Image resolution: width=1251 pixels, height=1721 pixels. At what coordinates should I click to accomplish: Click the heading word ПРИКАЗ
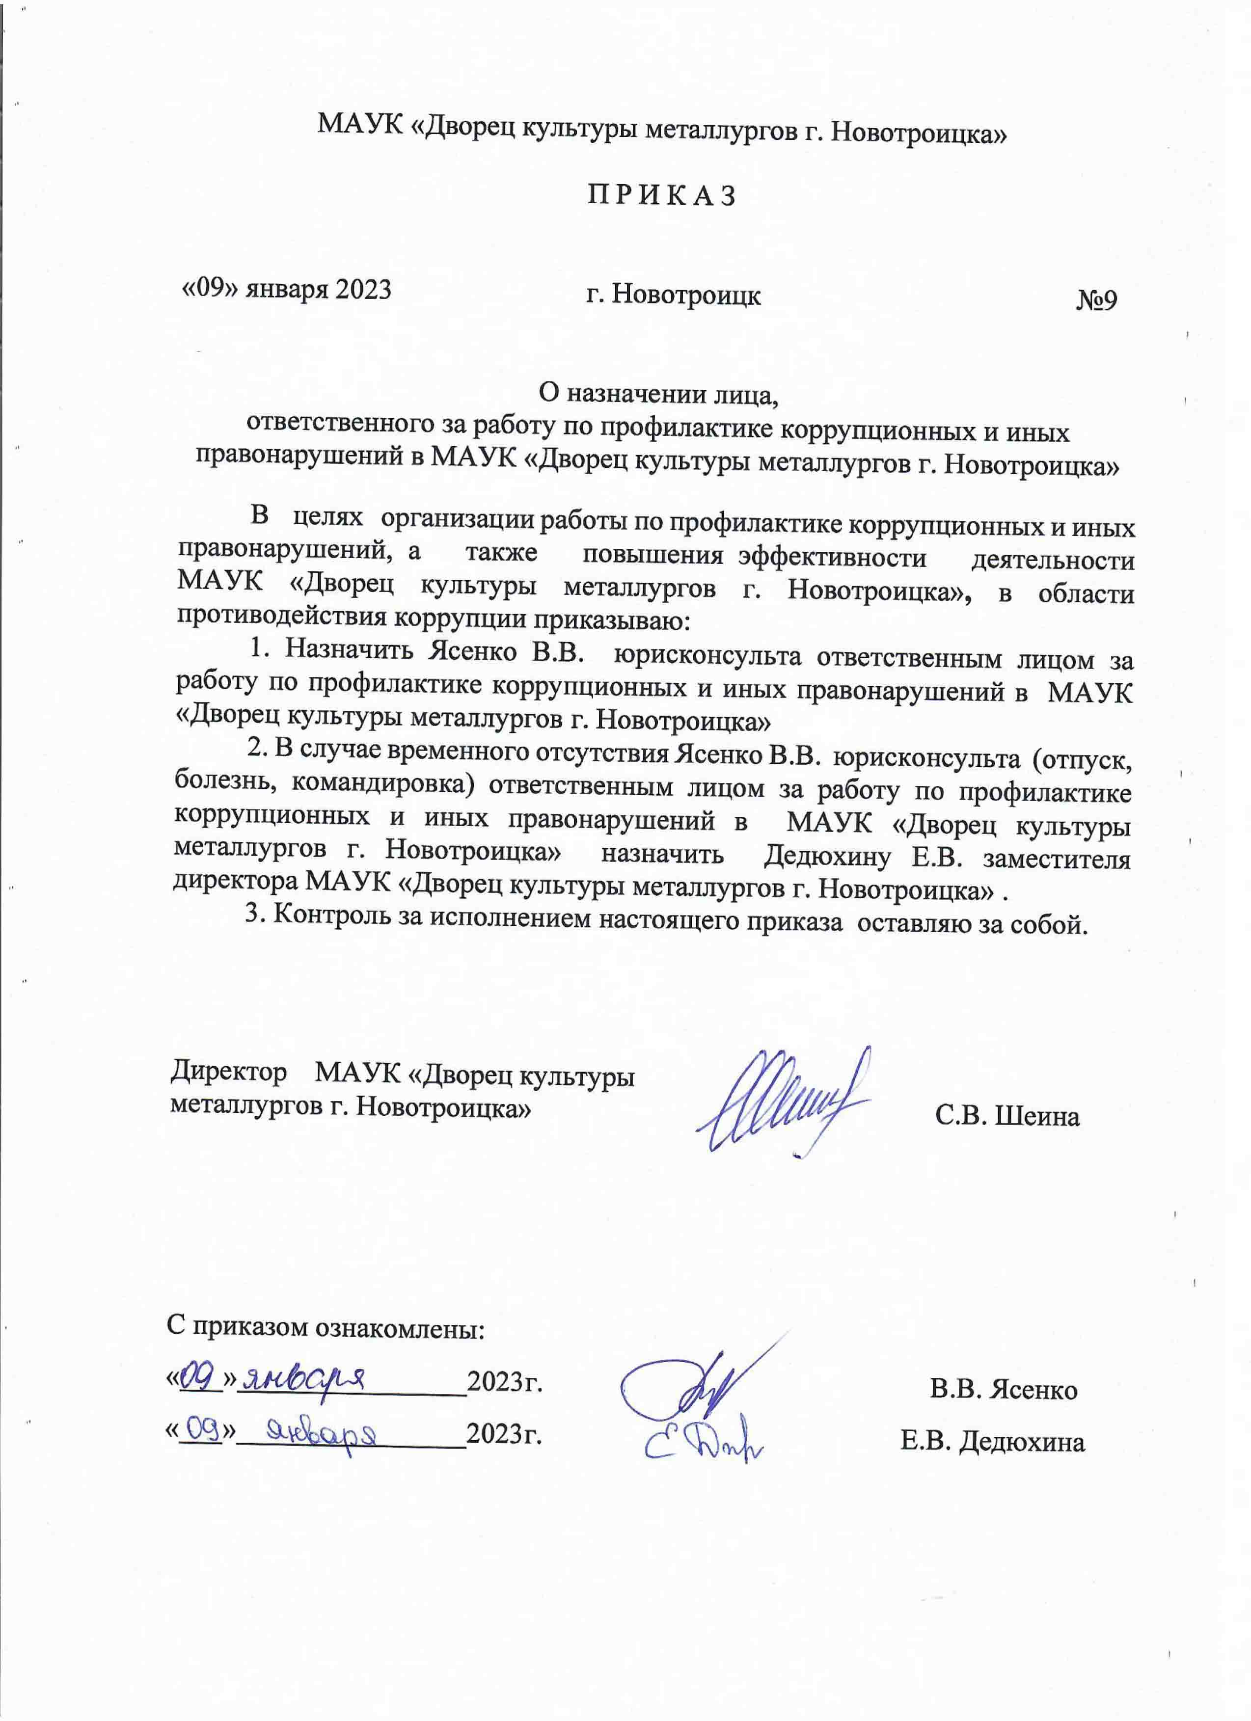(x=661, y=196)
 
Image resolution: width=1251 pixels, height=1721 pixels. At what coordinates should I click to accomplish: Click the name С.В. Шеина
(x=1006, y=1116)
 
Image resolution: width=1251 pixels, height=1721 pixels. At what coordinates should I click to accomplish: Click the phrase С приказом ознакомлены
(x=325, y=1327)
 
